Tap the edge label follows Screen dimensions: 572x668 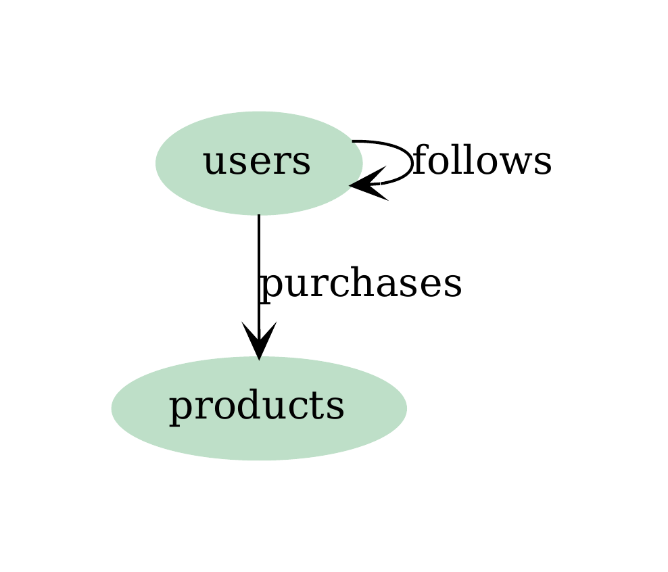(x=481, y=162)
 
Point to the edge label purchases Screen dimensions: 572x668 (x=360, y=284)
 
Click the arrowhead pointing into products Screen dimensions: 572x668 (x=259, y=342)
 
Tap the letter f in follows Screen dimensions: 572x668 (x=419, y=161)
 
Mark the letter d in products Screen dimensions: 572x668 (x=243, y=406)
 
